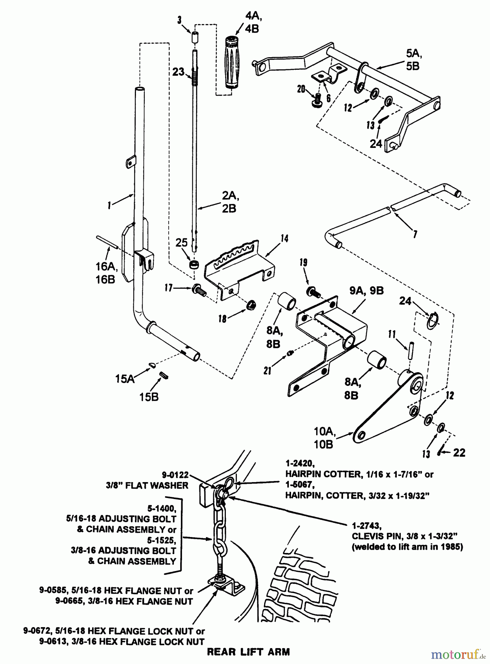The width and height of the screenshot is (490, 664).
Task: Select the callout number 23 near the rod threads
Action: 178,72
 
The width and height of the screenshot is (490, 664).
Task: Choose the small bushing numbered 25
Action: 194,265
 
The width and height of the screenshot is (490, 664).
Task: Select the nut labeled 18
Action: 251,305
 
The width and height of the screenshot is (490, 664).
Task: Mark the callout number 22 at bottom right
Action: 459,452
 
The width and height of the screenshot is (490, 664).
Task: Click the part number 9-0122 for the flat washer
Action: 175,475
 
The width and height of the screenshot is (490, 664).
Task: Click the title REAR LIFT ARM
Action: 248,652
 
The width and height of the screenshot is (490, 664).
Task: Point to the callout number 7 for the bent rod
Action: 415,234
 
